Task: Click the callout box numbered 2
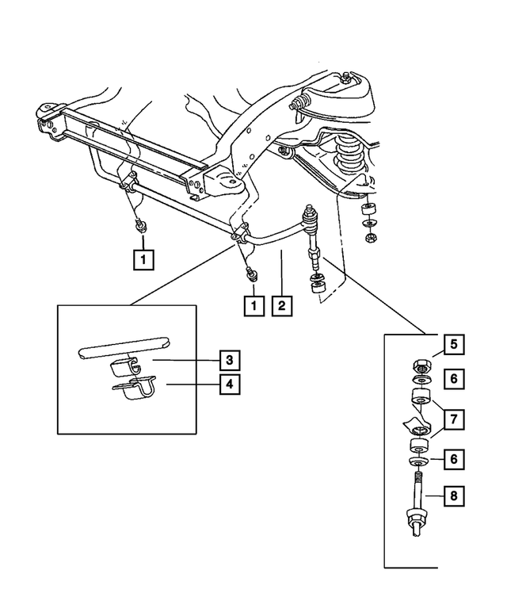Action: point(282,306)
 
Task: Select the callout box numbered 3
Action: point(230,360)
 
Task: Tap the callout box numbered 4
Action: point(230,384)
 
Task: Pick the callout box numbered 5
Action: point(454,345)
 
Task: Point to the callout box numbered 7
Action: point(454,419)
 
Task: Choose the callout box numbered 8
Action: point(454,495)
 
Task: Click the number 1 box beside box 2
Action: point(253,306)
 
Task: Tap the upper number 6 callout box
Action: point(454,379)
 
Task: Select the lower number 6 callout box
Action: point(454,459)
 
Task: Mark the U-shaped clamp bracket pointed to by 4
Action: point(134,389)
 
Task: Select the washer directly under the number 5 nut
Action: point(421,381)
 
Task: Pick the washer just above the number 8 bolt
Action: point(419,461)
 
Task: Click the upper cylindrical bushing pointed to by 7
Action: point(421,397)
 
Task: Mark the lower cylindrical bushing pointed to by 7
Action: point(419,446)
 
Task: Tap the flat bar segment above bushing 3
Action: point(124,348)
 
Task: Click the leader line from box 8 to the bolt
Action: point(435,496)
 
